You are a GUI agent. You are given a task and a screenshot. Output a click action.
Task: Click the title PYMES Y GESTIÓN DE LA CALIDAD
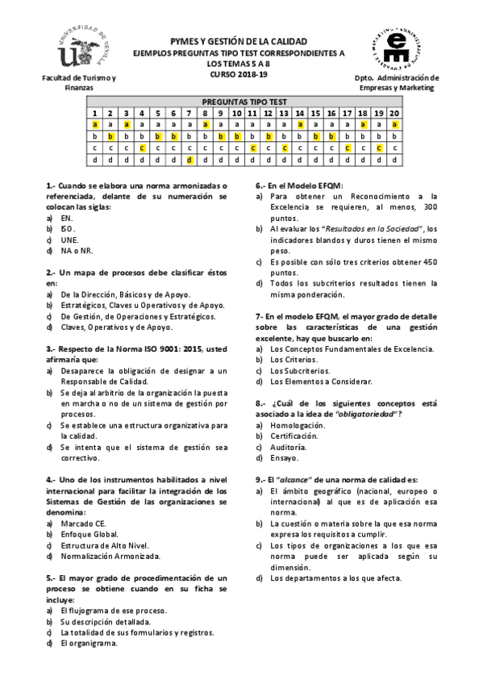[239, 40]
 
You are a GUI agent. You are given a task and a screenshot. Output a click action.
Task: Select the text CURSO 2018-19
[239, 74]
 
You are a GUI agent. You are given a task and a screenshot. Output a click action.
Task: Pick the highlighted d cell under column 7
[189, 160]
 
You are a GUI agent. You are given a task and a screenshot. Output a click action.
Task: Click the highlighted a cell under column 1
[95, 125]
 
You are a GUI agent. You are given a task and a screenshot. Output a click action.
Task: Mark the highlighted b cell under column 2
[110, 136]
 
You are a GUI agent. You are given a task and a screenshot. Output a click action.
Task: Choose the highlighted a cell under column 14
[300, 125]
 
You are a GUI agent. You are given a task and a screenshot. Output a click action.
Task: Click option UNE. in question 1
[69, 240]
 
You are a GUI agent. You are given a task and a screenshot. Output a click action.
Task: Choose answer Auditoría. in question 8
[288, 447]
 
